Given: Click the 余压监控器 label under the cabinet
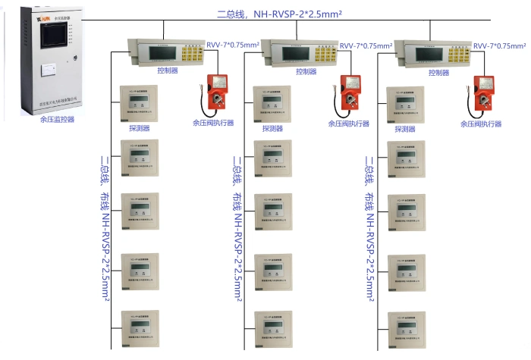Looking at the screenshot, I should (x=58, y=118).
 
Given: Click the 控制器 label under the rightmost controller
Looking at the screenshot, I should (x=439, y=73).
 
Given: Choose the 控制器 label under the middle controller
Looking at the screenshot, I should (x=306, y=72).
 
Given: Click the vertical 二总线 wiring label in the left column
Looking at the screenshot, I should (x=105, y=227).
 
